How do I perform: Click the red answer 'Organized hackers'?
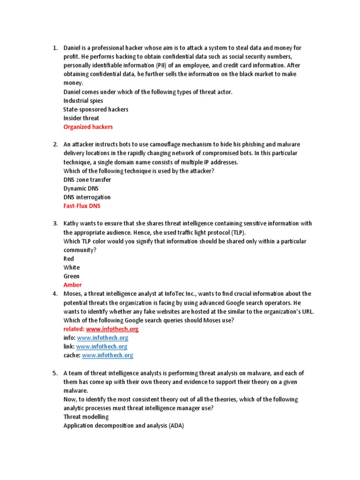click(x=88, y=127)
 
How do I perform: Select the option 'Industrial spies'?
click(x=83, y=101)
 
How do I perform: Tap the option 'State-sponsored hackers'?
click(x=96, y=109)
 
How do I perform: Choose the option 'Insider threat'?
click(x=81, y=118)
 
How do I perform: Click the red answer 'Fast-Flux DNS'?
click(x=82, y=206)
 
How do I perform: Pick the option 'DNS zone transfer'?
click(x=87, y=180)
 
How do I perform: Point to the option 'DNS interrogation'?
click(x=87, y=197)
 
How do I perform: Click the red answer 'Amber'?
click(x=72, y=285)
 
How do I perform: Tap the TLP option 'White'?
click(x=72, y=268)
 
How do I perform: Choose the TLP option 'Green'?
click(x=71, y=277)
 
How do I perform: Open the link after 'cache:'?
click(x=107, y=355)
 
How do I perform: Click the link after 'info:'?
click(x=102, y=337)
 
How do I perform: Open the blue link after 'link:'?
click(x=101, y=346)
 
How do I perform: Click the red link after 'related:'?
click(x=112, y=329)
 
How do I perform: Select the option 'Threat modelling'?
click(x=86, y=417)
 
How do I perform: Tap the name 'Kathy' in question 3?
click(x=71, y=224)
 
